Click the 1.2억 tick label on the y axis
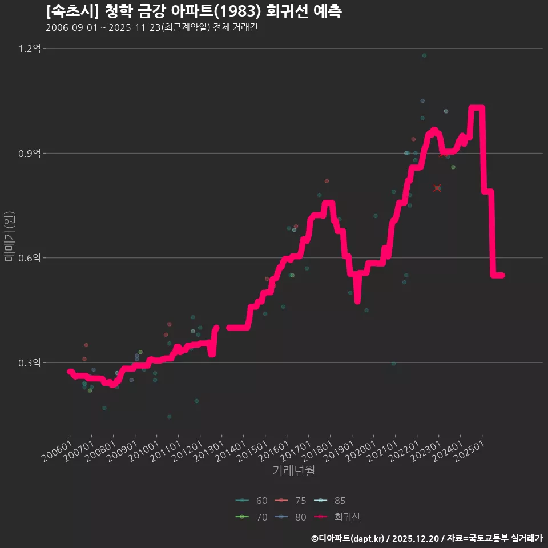(30, 49)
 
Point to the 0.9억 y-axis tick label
(30, 153)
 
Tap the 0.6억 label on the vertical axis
(30, 258)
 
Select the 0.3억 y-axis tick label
(30, 362)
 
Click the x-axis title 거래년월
(293, 470)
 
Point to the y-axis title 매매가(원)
(9, 236)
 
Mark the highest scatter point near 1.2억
(424, 55)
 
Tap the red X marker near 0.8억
(437, 188)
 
